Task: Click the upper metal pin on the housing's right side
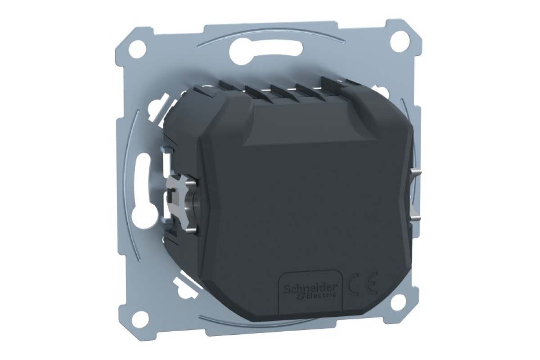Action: [x=417, y=172]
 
